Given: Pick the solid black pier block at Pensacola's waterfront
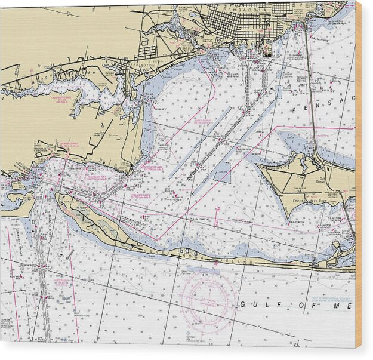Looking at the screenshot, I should tap(267, 50).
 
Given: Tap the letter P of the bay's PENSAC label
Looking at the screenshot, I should tap(294, 110).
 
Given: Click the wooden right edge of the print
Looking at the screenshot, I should tap(358, 179).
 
